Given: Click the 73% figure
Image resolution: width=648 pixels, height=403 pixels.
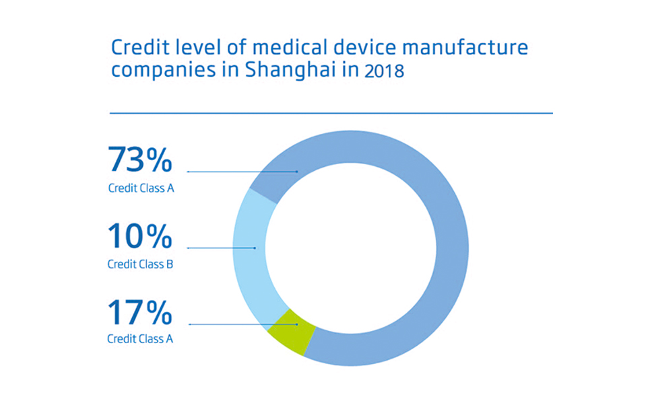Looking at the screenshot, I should point(140,160).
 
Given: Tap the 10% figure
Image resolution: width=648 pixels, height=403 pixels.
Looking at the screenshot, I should point(140,236).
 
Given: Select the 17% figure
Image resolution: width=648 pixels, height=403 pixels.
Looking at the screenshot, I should point(140,312).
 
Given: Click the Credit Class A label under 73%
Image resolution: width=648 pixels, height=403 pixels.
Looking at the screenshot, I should point(141,188).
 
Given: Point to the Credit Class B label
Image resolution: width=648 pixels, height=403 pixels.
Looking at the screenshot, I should point(140,264).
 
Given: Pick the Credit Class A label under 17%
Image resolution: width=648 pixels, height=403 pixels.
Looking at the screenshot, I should point(140,339).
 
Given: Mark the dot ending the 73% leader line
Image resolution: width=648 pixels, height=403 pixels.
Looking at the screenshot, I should point(296,172).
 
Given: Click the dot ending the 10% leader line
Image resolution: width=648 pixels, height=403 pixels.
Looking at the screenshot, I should point(255,248).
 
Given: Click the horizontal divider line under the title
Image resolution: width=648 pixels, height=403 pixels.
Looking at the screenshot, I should point(331,113).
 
